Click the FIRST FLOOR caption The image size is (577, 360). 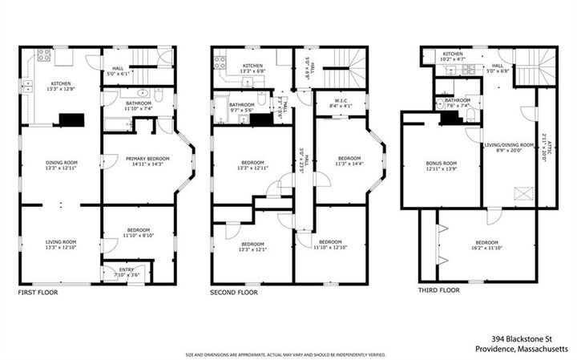click(38, 293)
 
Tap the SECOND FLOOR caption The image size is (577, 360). click(234, 293)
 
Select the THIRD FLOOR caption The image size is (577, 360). click(439, 289)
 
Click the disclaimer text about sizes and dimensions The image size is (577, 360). click(286, 354)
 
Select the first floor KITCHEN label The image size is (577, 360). click(62, 83)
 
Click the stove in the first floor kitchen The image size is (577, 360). click(42, 56)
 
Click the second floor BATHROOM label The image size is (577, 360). click(241, 104)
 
